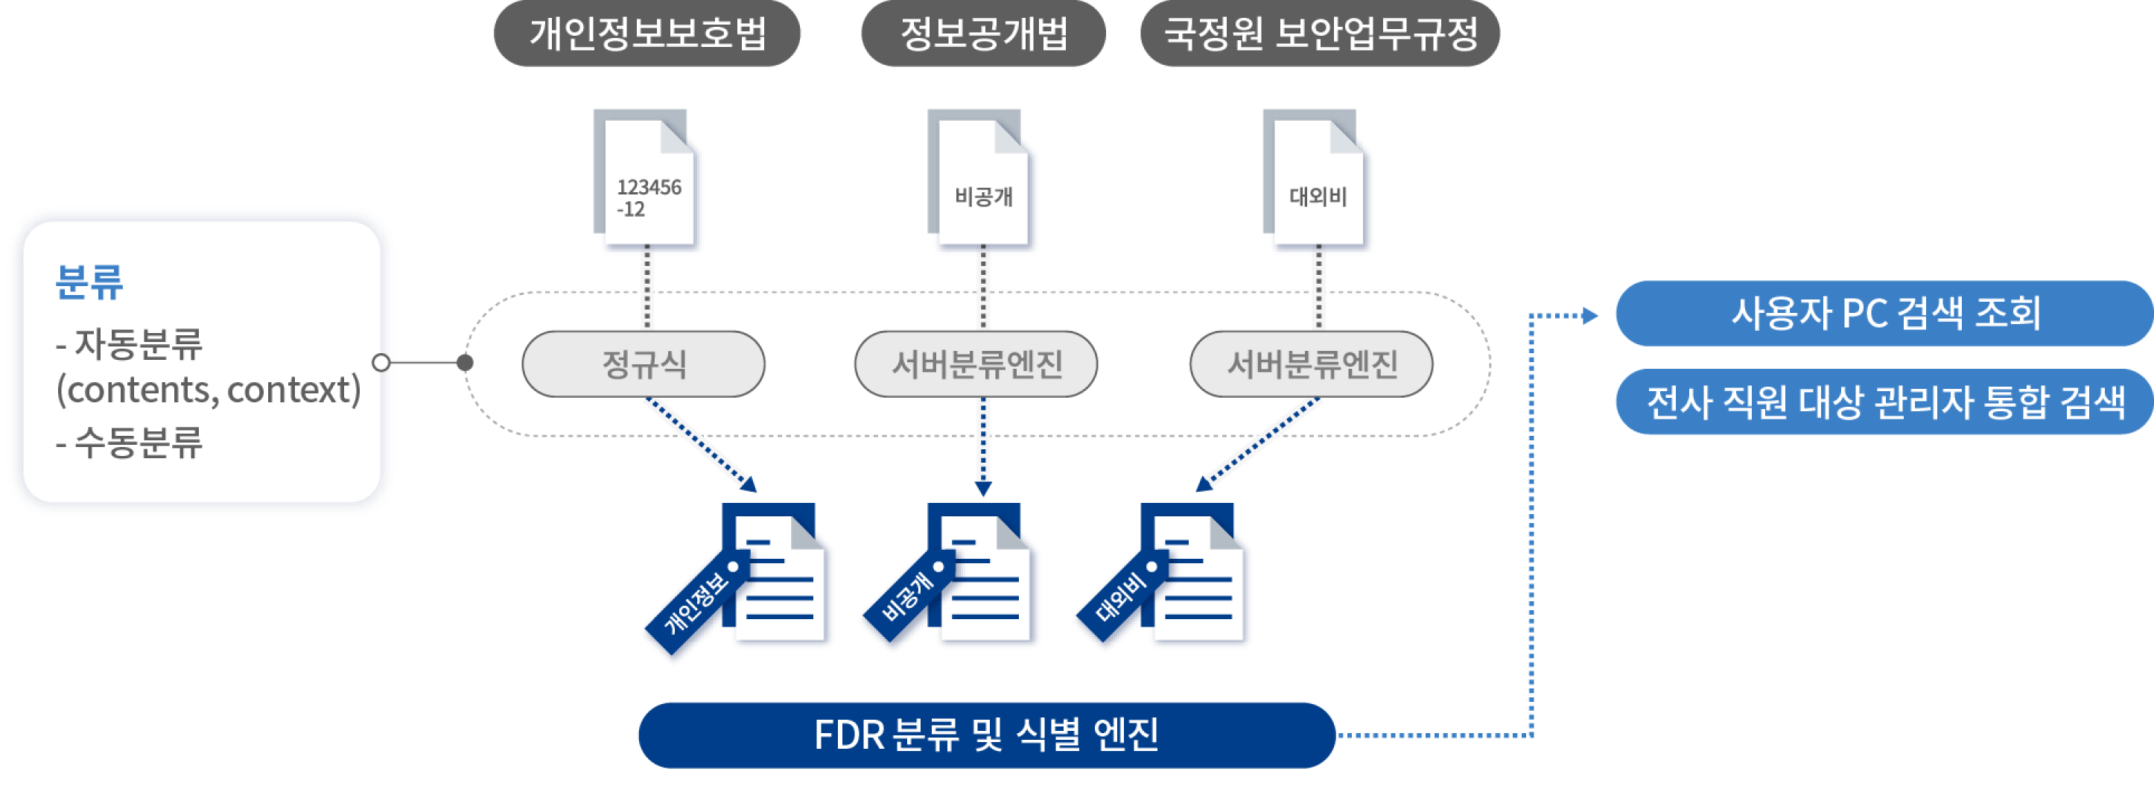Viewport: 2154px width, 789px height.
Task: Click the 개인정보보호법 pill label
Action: coord(647,34)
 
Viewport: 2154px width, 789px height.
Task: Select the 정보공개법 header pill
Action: coord(983,34)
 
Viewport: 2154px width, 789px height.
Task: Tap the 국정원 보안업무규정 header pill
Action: coord(1320,34)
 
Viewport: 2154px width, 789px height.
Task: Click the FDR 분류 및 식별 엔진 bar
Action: coord(986,735)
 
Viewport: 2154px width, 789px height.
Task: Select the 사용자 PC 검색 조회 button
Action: coord(1884,314)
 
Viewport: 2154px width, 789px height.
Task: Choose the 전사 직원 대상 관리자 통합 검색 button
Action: coord(1884,402)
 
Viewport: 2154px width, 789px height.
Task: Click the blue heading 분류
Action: coord(89,282)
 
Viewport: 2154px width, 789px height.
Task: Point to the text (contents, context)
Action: coord(209,390)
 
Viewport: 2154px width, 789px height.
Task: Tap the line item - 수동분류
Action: coord(130,443)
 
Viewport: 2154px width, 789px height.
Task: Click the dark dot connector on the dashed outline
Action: coord(466,362)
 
